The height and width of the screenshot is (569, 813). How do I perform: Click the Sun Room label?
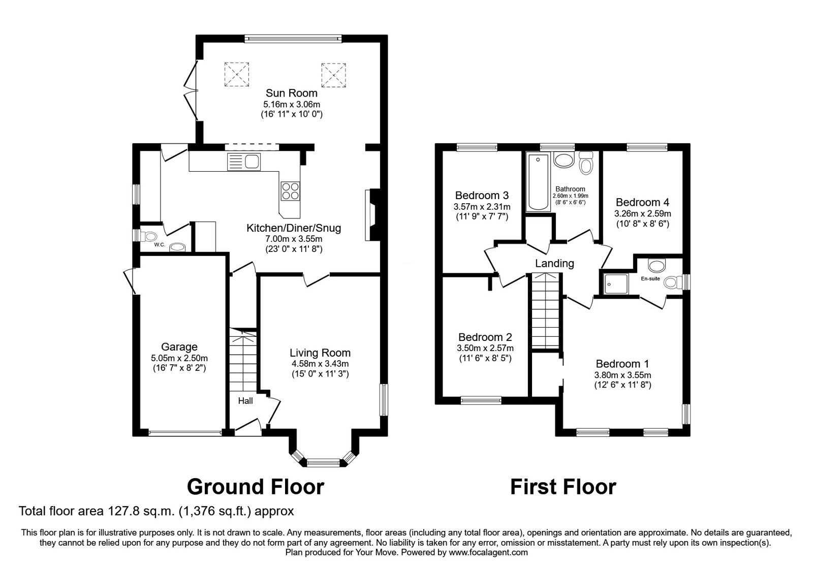tap(292, 93)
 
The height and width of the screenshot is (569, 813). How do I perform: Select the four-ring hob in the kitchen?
tap(290, 191)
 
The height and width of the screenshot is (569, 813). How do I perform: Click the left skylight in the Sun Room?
tap(237, 74)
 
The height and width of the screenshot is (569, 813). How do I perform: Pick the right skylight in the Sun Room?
tap(333, 74)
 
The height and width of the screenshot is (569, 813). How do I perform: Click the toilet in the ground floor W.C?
tap(150, 236)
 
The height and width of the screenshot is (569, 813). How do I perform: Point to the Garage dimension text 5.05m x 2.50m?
tap(179, 358)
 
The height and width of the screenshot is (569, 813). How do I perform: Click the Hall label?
tap(245, 401)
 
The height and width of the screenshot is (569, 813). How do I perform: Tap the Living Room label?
tap(320, 353)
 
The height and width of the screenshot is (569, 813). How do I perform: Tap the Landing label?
tap(554, 263)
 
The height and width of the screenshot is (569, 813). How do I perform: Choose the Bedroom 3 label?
tap(482, 195)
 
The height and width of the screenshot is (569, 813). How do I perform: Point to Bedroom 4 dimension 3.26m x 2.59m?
tap(642, 213)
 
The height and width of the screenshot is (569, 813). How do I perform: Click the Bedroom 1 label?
tap(622, 364)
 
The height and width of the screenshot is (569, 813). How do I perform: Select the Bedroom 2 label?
tap(485, 337)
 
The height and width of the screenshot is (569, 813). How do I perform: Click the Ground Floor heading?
tap(255, 487)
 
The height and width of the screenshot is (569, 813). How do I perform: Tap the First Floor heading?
tap(563, 487)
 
